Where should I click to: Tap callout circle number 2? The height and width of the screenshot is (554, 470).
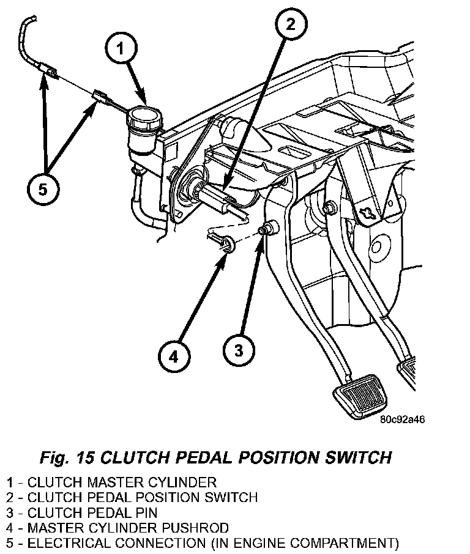[289, 25]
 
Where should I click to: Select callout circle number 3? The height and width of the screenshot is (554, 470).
[239, 350]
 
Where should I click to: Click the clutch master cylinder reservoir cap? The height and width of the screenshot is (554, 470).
[143, 116]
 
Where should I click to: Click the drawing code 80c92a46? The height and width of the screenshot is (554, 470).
[402, 419]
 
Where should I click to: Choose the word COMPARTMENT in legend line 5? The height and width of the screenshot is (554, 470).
[345, 542]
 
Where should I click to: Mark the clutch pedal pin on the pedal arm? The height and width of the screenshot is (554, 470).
[267, 231]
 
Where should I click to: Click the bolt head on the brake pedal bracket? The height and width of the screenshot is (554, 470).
[330, 207]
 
